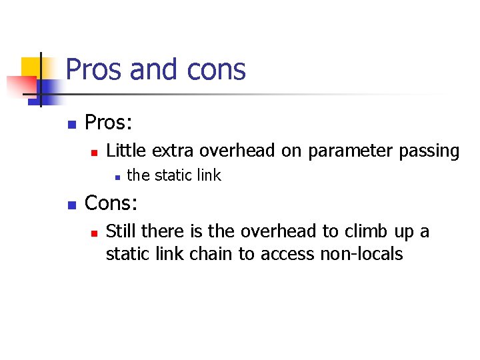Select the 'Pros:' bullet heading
pos(109,123)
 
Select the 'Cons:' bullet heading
pos(111,202)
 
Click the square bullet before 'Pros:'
pos(72,125)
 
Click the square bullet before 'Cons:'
pos(72,203)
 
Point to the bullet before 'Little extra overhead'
pos(94,152)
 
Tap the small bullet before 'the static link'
pos(116,177)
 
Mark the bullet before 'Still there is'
pos(94,233)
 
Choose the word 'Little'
pos(127,151)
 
